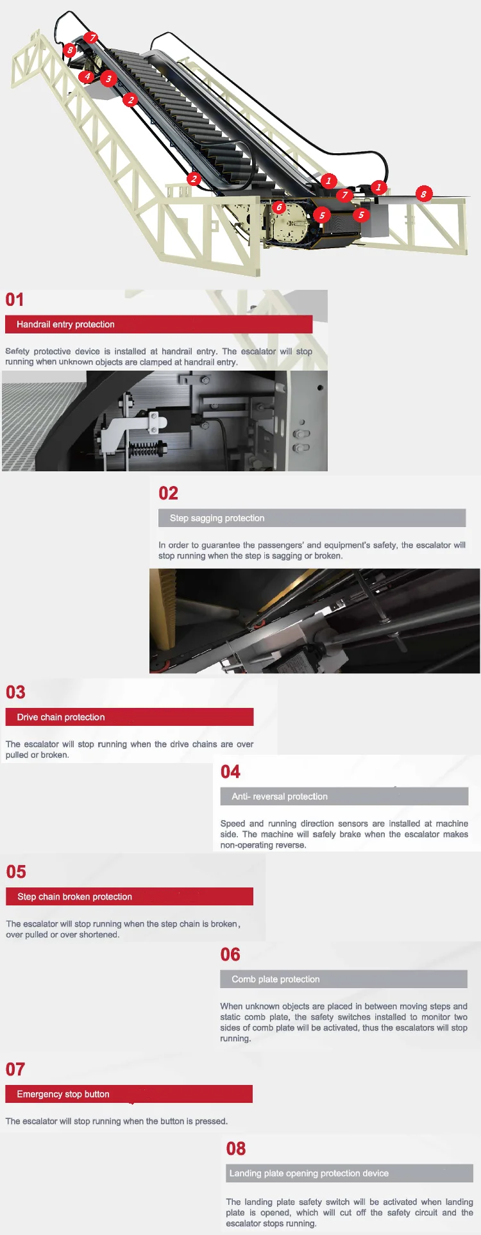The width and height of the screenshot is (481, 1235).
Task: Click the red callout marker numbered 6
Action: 278,207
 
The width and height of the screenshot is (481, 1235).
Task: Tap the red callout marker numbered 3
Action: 108,79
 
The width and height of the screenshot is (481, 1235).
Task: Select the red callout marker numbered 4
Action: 87,77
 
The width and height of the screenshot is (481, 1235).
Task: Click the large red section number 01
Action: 15,299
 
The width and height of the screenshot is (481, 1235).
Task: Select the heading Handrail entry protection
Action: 65,324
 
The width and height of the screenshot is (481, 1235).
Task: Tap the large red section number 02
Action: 168,493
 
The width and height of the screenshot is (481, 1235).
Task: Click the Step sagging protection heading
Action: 217,518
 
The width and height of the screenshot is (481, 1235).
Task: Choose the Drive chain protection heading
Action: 61,717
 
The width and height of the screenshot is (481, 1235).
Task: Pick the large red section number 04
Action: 230,771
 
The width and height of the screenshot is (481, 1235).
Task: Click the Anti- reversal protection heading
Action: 280,796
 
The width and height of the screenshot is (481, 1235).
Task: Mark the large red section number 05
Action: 16,871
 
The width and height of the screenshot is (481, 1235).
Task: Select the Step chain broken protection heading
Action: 74,896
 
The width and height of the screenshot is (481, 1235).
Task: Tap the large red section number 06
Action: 230,954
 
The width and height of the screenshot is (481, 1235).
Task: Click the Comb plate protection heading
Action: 276,979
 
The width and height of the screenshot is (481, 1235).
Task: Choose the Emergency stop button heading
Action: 63,1094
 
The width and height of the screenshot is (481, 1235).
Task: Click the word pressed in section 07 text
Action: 211,1121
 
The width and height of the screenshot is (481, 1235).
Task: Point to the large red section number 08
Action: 236,1148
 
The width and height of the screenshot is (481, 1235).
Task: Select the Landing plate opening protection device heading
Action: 309,1173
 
